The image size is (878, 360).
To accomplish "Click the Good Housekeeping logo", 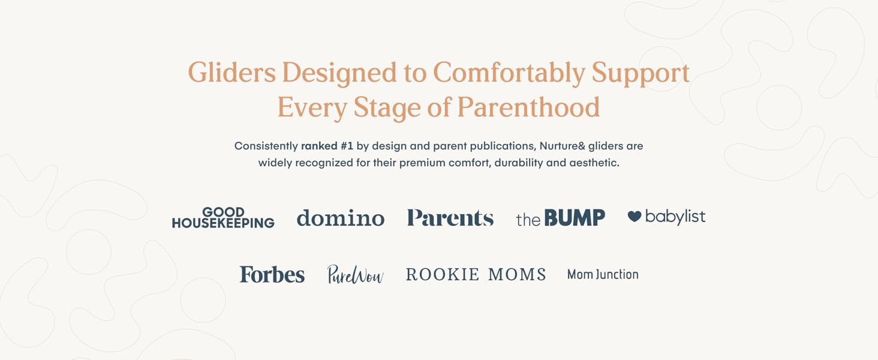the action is coord(223,218).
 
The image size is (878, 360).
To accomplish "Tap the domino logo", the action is coord(341,218).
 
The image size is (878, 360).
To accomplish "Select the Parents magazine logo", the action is coord(450,218).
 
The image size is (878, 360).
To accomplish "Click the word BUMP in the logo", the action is coord(575,218).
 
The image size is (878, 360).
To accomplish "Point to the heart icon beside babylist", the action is coord(634,216).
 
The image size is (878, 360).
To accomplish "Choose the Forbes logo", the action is coord(272,274).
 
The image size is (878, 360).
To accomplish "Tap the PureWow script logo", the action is coord(355,274).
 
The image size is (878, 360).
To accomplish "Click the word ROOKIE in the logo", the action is coord(442,275).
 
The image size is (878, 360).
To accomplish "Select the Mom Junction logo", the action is coord(603,275).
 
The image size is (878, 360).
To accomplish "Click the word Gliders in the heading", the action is coord(232,73).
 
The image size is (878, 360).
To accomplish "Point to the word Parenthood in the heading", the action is coord(528,107).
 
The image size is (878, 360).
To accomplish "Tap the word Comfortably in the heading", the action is coord(509,73).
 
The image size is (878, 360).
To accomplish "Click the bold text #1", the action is coord(347,146).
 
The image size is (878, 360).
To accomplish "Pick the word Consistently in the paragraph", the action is coord(266,146).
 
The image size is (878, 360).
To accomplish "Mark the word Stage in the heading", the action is coord(387,107).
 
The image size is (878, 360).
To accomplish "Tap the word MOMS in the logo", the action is coord(517,275).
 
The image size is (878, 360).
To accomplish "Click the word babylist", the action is coord(675,217).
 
